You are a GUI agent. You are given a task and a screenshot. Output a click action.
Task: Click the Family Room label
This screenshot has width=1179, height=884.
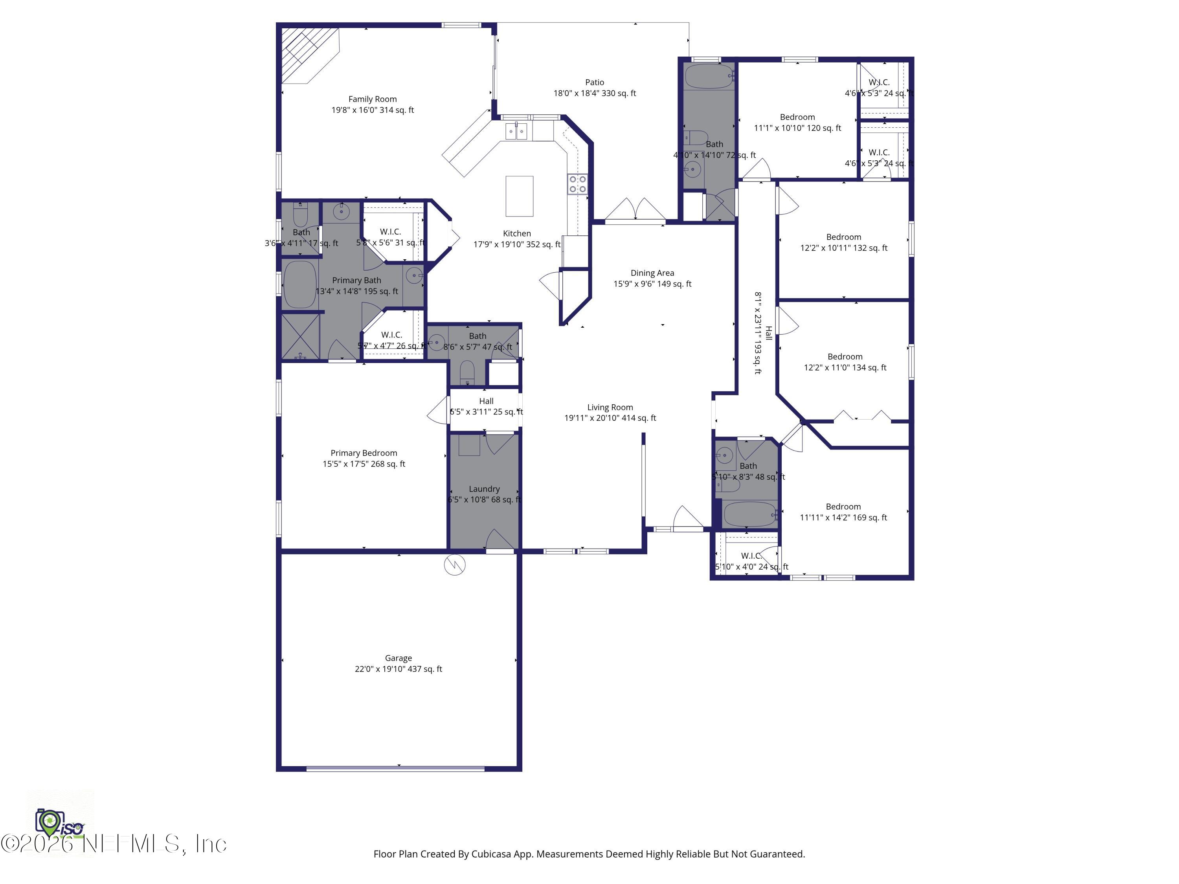pyautogui.click(x=372, y=99)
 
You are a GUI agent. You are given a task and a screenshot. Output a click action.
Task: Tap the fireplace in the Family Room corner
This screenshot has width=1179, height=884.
pyautogui.click(x=307, y=53)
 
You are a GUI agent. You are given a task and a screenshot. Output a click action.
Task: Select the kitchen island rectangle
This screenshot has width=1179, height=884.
pyautogui.click(x=519, y=196)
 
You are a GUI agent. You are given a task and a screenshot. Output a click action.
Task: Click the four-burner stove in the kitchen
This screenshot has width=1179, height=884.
pyautogui.click(x=577, y=184)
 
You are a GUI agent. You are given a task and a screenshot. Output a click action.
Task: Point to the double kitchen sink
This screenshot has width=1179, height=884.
pyautogui.click(x=516, y=131)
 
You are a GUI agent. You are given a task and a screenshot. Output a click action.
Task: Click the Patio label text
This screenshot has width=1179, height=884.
pyautogui.click(x=594, y=83)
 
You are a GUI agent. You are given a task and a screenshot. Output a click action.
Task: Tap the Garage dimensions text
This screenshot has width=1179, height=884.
pyautogui.click(x=398, y=669)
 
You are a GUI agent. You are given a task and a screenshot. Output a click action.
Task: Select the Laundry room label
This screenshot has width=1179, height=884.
pyautogui.click(x=484, y=489)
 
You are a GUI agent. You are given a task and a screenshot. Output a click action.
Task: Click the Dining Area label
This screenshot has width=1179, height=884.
pyautogui.click(x=652, y=273)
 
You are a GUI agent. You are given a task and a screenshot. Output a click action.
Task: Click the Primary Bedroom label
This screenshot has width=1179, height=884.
pyautogui.click(x=364, y=453)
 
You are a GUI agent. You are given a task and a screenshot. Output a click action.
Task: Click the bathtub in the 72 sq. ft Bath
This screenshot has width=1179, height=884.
pyautogui.click(x=709, y=77)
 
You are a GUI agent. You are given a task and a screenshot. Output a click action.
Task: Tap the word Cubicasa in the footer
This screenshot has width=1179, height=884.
pyautogui.click(x=491, y=854)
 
